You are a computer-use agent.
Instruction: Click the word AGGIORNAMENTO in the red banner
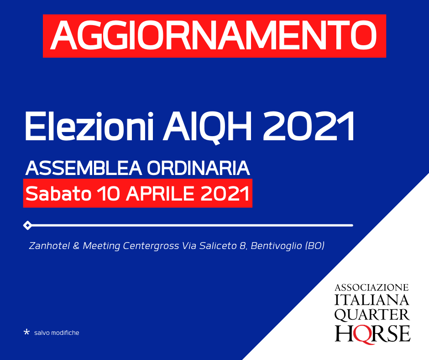(214, 36)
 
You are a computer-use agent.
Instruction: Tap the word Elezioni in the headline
(89, 127)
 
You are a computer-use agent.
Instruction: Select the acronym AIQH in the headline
(207, 127)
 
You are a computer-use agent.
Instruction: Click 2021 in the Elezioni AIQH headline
(309, 127)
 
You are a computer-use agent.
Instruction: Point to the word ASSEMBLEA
(84, 168)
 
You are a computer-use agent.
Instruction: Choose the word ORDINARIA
(199, 168)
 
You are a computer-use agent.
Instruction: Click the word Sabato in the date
(58, 193)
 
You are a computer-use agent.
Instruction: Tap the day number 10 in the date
(109, 193)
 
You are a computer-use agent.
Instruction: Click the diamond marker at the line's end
(27, 225)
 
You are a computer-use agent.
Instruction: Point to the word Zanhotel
(49, 245)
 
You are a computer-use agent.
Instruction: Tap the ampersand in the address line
(76, 246)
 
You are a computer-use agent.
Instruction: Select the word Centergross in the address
(151, 246)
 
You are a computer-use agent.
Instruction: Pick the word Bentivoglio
(276, 246)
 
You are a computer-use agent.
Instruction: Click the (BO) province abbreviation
(314, 246)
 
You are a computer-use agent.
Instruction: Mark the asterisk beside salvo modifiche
(26, 332)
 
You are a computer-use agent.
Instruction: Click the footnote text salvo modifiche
(57, 333)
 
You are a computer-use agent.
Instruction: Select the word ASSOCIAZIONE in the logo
(371, 287)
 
